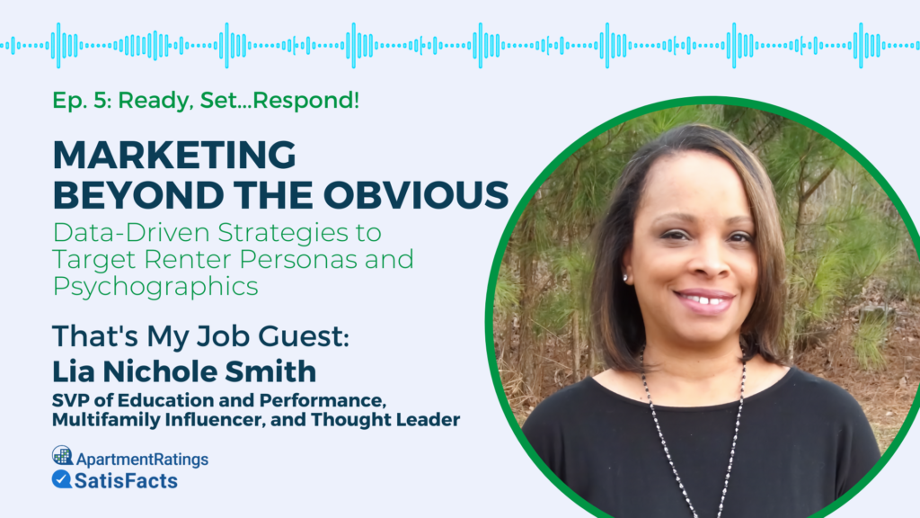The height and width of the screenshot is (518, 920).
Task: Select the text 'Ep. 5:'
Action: point(81,101)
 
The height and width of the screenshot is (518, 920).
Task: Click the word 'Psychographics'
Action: point(155,287)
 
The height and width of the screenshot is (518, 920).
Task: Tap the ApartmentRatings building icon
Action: point(62,456)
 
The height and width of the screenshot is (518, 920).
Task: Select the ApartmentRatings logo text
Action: point(141,459)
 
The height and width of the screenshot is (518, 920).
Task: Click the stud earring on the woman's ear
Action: point(625,278)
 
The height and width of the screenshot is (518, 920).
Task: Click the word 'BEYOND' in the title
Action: point(116,193)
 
